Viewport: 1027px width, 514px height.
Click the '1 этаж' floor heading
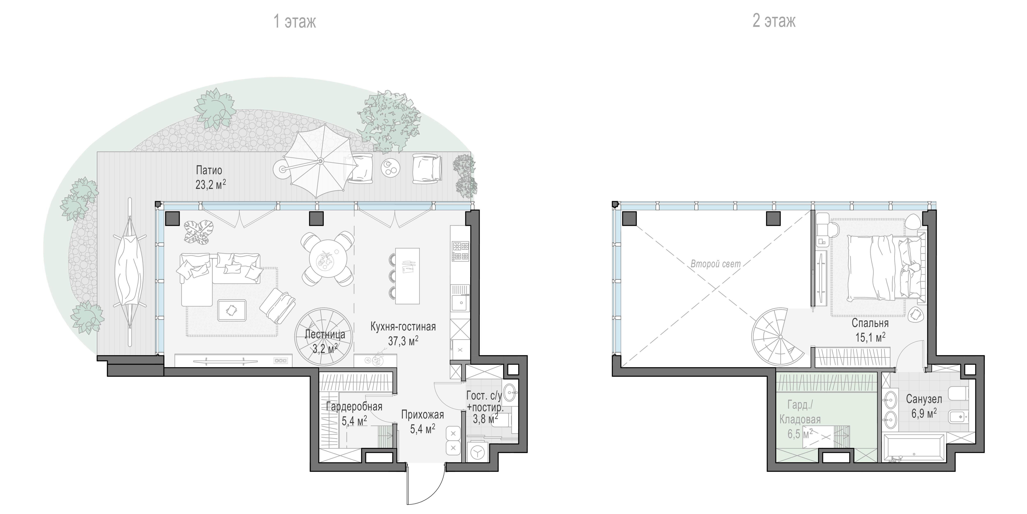(295, 21)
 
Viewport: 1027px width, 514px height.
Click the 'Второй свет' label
(716, 264)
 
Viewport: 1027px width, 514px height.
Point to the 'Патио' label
(209, 170)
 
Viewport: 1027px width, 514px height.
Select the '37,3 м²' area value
(403, 340)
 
